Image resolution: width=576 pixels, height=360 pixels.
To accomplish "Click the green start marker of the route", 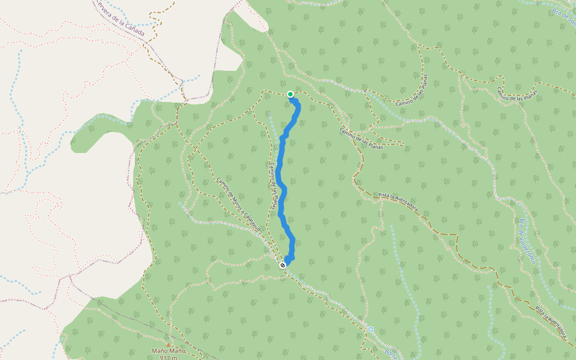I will tap(290, 94).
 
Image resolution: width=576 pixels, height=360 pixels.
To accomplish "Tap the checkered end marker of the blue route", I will tap(283, 265).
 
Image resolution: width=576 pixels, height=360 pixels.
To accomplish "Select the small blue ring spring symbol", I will tap(371, 329).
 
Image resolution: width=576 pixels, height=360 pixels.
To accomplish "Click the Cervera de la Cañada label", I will tap(121, 19).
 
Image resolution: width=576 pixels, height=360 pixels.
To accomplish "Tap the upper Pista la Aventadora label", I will tap(398, 203).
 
